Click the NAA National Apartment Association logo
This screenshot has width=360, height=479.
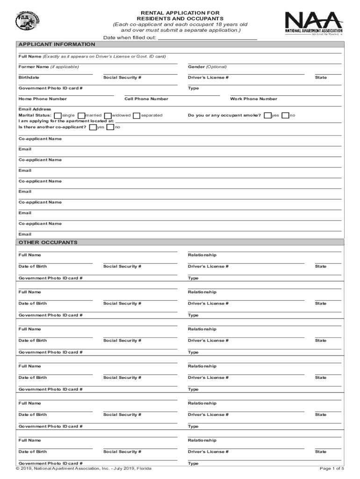313,23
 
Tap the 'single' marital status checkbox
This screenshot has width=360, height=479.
57,116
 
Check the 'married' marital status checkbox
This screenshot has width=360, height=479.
81,116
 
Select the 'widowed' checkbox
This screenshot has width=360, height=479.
108,116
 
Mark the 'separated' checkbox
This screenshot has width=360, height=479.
137,116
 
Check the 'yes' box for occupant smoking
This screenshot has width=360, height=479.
267,116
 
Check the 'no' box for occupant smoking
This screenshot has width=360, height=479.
285,116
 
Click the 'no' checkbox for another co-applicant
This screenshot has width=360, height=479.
110,127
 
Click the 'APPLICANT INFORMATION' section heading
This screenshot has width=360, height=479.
57,44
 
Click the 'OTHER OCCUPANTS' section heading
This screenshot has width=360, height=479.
48,243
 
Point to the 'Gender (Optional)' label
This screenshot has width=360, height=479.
207,67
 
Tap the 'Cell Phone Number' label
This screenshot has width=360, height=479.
146,99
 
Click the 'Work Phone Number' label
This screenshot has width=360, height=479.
253,99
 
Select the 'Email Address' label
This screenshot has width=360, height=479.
35,109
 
